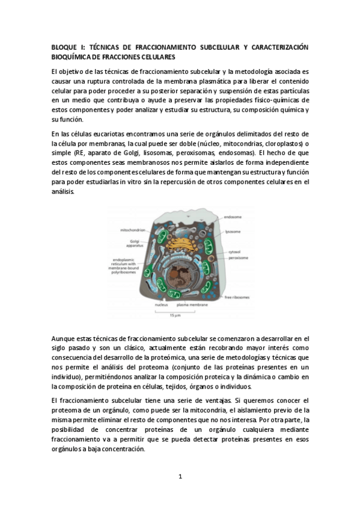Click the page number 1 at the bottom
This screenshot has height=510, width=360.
(180, 477)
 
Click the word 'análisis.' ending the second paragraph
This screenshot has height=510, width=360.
(63, 191)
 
